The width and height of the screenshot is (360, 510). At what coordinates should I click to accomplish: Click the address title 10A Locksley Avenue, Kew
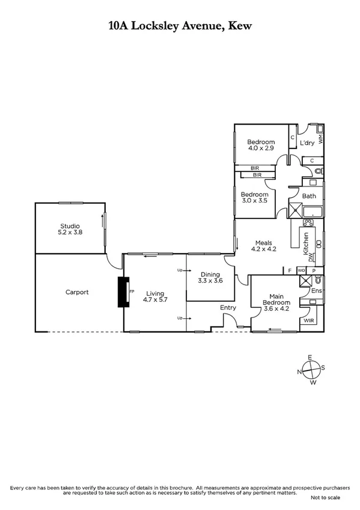[x=180, y=25]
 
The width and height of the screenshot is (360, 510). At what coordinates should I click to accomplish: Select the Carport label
[x=77, y=292]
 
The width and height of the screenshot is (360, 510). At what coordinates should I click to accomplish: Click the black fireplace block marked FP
[x=124, y=292]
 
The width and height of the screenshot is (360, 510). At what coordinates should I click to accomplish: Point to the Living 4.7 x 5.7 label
[x=154, y=295]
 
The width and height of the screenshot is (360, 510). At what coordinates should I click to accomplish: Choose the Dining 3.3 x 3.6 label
[x=210, y=277]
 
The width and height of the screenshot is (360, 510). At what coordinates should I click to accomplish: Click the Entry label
[x=228, y=308]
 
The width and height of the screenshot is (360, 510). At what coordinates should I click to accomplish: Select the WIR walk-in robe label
[x=309, y=321]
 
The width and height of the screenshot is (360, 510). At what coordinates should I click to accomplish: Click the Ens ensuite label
[x=316, y=291]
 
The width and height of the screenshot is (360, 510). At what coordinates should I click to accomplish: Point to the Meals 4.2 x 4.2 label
[x=263, y=245]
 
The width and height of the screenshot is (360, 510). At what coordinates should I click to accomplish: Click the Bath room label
[x=309, y=196]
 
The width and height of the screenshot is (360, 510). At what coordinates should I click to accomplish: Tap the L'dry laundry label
[x=307, y=143]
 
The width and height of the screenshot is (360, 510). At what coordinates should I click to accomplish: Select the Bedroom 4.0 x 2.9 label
[x=261, y=145]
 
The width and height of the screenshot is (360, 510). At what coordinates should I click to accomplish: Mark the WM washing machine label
[x=320, y=138]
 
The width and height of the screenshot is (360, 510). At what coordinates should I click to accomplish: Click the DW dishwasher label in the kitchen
[x=311, y=257]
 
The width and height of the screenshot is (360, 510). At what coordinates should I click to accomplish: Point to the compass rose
[x=311, y=369]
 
